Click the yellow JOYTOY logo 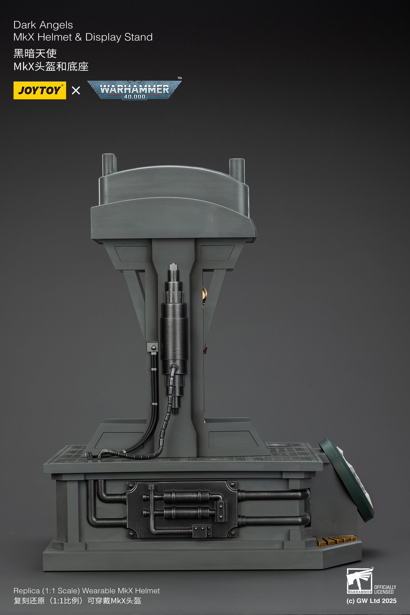point(40,90)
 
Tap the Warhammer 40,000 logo point(134,90)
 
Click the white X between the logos point(76,90)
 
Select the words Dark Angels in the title point(43,25)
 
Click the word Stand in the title point(138,37)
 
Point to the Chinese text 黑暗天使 point(35,54)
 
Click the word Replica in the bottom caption point(26,591)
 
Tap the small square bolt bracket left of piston point(152,347)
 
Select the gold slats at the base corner point(336,540)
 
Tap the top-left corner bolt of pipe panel point(131,486)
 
